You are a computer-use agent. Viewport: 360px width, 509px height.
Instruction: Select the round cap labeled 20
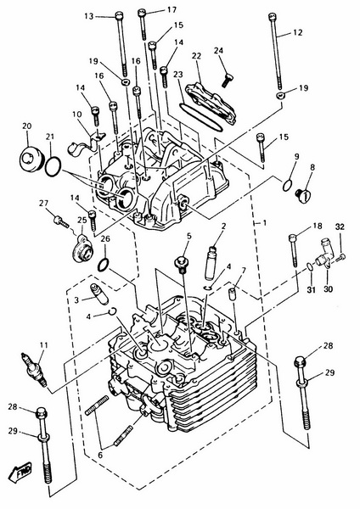[x=30, y=159]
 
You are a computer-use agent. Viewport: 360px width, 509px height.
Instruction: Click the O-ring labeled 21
[x=53, y=166]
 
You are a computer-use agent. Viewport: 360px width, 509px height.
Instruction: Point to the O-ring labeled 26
[x=104, y=265]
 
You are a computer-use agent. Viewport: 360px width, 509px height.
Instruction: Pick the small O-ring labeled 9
[x=287, y=185]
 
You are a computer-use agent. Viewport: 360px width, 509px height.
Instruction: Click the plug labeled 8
[x=303, y=196]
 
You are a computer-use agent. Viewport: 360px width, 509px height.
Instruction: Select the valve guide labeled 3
[x=99, y=294]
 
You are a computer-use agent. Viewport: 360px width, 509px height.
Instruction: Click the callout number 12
[x=297, y=32]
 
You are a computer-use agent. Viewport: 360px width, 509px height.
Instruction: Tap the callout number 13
[x=88, y=16]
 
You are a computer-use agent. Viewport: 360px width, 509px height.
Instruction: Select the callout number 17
[x=172, y=9]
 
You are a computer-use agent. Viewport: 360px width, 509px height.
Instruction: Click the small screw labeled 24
[x=228, y=80]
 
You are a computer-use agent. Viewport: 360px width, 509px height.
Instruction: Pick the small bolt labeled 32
[x=340, y=258]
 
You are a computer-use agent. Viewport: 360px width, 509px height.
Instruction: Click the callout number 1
[x=264, y=222]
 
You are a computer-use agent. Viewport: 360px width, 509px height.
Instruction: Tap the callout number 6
[x=100, y=455]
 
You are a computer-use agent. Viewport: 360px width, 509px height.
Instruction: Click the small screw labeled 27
[x=61, y=221]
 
